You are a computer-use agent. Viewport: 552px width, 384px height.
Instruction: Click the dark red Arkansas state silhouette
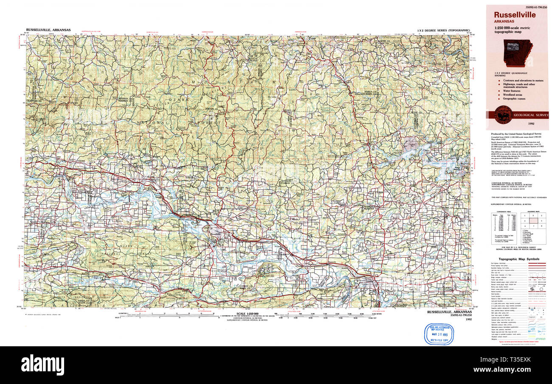pos(518,53)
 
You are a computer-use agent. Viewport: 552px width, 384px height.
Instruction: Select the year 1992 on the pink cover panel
pos(531,123)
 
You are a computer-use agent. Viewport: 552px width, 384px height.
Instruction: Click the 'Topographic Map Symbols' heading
pos(519,259)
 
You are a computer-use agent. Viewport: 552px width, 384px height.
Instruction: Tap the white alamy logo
pos(42,365)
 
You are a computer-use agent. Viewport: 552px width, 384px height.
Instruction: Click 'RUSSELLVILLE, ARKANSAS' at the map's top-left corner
pos(48,30)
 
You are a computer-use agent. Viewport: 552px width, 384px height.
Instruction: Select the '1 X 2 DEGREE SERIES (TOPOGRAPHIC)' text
pos(444,31)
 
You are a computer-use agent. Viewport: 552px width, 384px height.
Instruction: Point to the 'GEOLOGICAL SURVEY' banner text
pos(531,115)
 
